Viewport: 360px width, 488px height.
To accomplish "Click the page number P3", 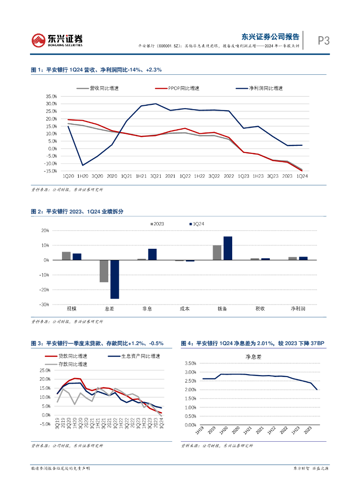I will pyautogui.click(x=324, y=41).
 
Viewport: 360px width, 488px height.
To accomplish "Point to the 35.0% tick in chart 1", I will pyautogui.click(x=51, y=96).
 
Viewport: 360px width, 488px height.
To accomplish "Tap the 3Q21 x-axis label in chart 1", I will pyautogui.click(x=155, y=177).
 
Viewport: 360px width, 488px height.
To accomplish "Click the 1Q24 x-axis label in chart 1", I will pyautogui.click(x=302, y=177).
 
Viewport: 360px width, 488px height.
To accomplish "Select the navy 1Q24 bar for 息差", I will pyautogui.click(x=114, y=279).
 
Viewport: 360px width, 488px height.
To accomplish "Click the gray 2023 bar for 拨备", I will pyautogui.click(x=217, y=253).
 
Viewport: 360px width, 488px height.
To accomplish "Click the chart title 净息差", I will pyautogui.click(x=253, y=356).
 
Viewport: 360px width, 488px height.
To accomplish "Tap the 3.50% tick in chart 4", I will pyautogui.click(x=190, y=364).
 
